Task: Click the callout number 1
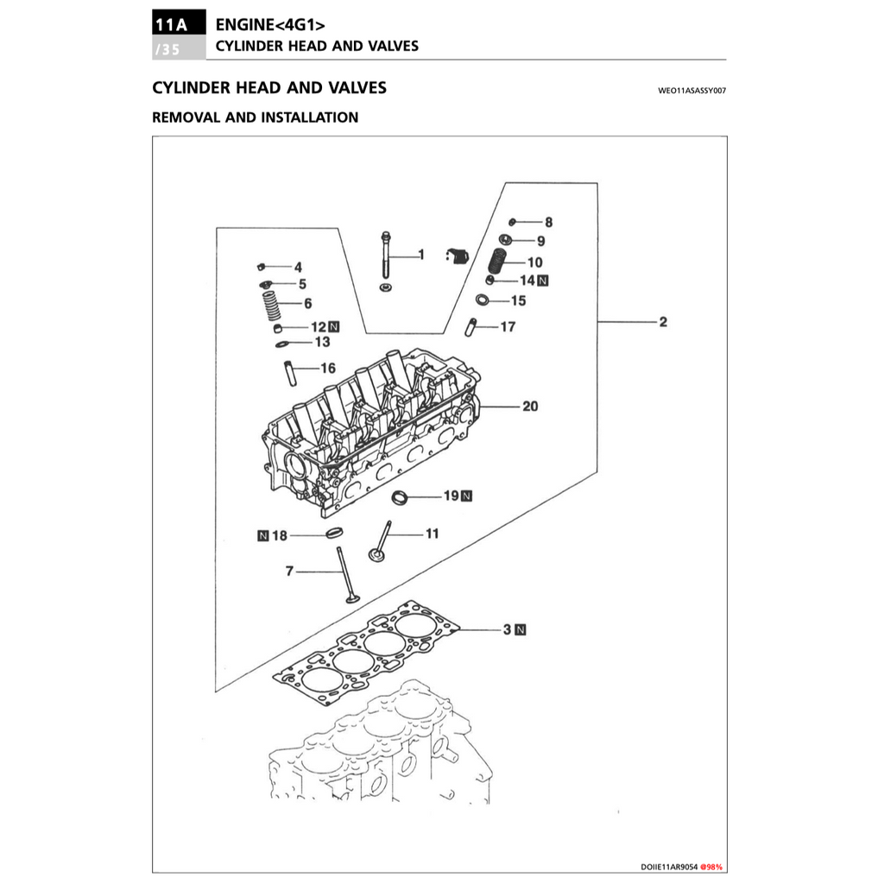pyautogui.click(x=421, y=255)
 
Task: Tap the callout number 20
pyautogui.click(x=529, y=406)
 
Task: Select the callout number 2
pyautogui.click(x=662, y=323)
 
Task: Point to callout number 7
pyautogui.click(x=291, y=571)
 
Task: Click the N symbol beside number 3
pyautogui.click(x=521, y=630)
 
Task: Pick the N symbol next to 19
pyautogui.click(x=466, y=496)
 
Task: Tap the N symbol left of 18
pyautogui.click(x=263, y=536)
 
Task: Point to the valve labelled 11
pyautogui.click(x=381, y=544)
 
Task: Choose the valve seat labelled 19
pyautogui.click(x=400, y=497)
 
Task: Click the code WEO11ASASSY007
pyautogui.click(x=691, y=89)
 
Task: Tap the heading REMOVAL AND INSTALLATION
pyautogui.click(x=255, y=117)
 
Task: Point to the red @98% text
pyautogui.click(x=711, y=866)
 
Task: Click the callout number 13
pyautogui.click(x=322, y=343)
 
